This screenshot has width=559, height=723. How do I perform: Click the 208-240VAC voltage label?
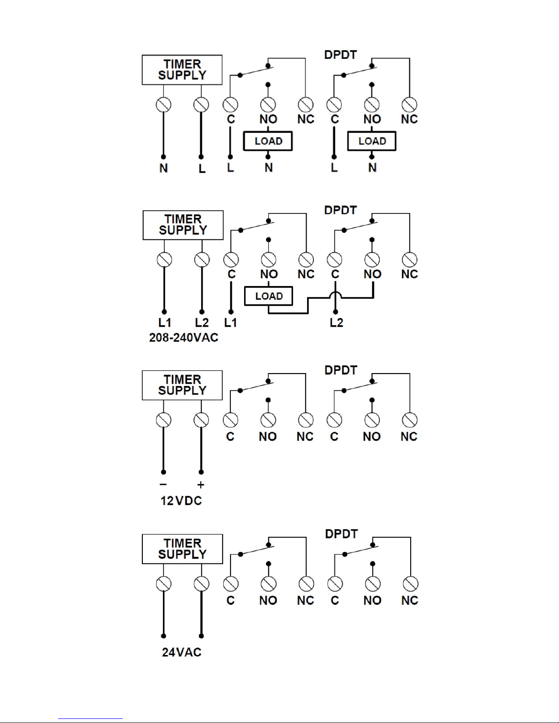pos(183,338)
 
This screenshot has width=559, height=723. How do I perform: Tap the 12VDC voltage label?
pos(181,500)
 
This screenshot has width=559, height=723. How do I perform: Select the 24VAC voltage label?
pos(182,652)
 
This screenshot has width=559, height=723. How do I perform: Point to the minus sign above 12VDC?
pos(163,484)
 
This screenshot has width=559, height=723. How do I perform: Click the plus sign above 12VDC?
pos(201,485)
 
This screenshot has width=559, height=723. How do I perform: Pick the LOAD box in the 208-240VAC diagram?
pos(268,296)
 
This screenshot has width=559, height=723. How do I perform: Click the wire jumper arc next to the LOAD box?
pos(335,294)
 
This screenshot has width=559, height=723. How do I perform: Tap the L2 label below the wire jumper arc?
pos(336,322)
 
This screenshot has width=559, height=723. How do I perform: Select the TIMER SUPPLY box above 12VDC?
pos(182,385)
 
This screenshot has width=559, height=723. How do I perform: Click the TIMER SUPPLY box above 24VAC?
pos(183,549)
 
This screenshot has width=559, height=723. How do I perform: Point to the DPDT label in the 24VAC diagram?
pos(341,534)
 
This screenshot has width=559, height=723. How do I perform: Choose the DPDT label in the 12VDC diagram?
pos(341,370)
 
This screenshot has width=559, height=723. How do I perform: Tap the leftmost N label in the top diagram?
pos(163,168)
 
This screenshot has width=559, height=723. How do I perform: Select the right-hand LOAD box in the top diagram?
pos(371,141)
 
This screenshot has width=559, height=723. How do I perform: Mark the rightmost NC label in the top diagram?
pos(409,119)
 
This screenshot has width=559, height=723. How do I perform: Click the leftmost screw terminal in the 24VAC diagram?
pos(163,584)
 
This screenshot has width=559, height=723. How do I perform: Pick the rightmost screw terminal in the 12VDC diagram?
pos(410,420)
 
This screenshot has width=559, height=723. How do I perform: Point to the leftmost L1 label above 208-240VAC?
pos(165,322)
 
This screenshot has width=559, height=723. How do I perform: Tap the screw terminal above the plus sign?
pos(201,420)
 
